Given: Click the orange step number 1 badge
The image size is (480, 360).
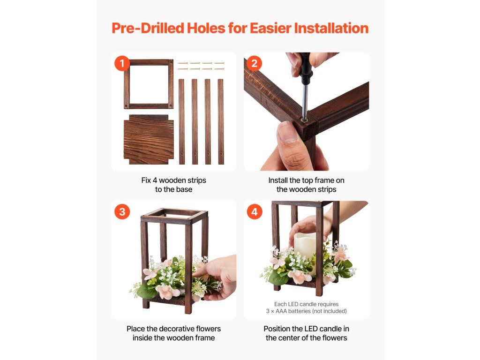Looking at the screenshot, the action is (x=122, y=63).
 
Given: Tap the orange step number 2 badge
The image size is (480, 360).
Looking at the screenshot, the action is (x=255, y=63).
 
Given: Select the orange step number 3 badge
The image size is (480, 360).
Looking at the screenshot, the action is (x=122, y=211).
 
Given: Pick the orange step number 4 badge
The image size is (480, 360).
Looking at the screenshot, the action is (x=255, y=211).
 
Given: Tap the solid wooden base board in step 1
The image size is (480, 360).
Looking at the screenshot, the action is (x=149, y=140).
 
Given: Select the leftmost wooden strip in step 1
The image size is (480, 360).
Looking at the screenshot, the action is (x=181, y=121).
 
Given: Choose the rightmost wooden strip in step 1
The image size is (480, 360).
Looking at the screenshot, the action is (x=221, y=121).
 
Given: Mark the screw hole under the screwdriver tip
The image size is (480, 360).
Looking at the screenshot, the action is (x=304, y=120).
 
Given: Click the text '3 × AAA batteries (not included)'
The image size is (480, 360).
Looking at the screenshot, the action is (x=307, y=311).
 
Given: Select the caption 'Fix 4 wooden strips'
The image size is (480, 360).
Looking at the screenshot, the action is (x=173, y=180).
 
